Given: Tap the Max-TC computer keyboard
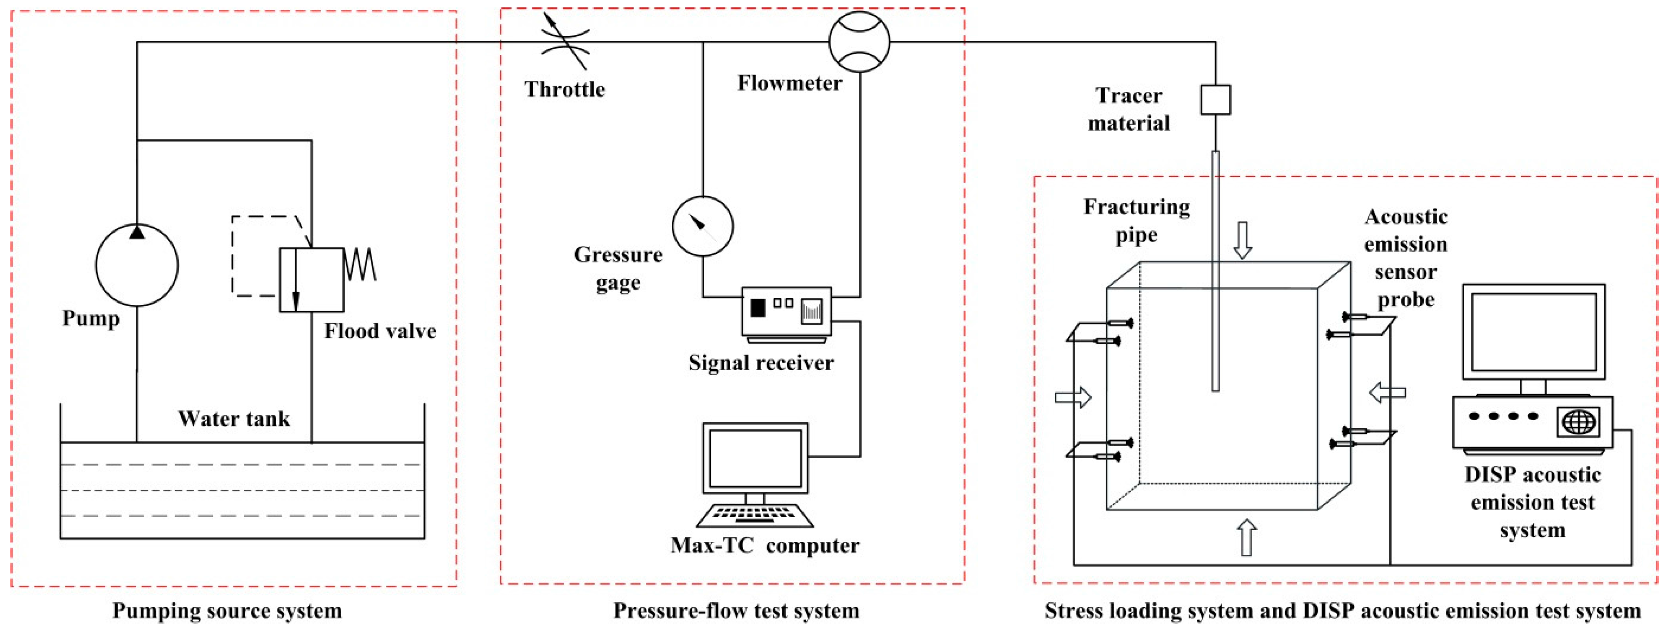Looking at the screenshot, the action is click(x=754, y=515).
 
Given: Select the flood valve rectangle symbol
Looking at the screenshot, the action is click(x=311, y=280).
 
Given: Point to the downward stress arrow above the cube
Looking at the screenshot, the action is click(x=1242, y=240).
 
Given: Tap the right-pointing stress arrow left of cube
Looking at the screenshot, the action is click(x=1073, y=397).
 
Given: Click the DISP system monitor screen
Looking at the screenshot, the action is click(x=1534, y=332).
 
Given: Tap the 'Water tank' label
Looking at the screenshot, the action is click(x=234, y=419).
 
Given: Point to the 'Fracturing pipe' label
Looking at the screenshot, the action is click(x=1136, y=220).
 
